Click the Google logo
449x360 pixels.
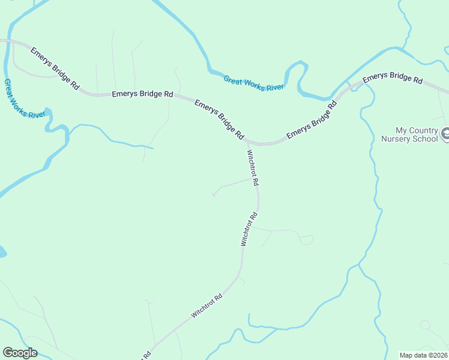(x=20, y=353)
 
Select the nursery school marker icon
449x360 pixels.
(x=445, y=134)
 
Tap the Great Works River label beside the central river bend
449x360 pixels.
(x=253, y=83)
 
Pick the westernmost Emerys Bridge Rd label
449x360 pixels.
(x=55, y=68)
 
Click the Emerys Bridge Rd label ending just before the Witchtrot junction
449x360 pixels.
(x=219, y=120)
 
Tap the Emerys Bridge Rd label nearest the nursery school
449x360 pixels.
(x=393, y=77)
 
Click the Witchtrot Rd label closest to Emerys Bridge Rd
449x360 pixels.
(x=252, y=167)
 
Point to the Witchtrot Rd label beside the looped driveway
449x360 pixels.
(x=249, y=229)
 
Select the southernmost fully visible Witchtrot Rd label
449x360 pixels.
(x=207, y=305)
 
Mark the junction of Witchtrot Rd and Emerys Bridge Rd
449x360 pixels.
(x=247, y=142)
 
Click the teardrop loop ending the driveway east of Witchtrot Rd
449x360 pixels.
(x=306, y=239)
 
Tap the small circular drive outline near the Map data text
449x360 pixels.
(x=425, y=325)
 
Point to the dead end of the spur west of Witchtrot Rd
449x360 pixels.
(x=214, y=194)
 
